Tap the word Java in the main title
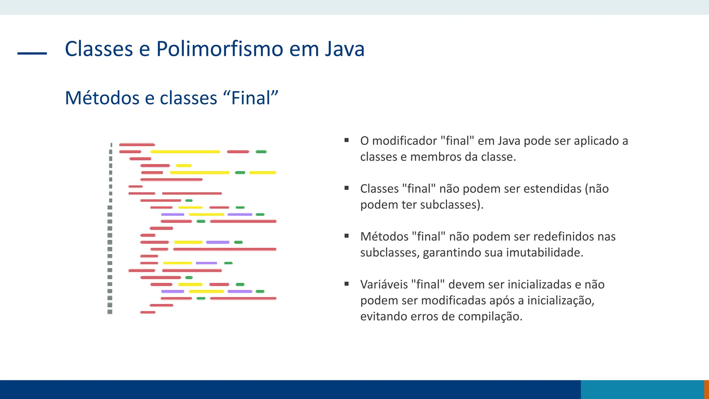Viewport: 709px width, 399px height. tap(344, 49)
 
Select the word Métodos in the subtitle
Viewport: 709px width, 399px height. tap(102, 98)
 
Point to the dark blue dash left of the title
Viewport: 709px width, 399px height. tap(32, 53)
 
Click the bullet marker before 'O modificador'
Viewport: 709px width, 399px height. tap(347, 140)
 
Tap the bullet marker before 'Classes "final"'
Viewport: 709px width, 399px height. tap(347, 188)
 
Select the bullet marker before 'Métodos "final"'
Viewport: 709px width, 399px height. tap(347, 236)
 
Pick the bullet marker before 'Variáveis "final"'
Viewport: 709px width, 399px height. tap(347, 284)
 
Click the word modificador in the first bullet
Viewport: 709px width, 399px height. tap(404, 141)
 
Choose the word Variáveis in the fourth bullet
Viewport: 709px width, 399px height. tap(384, 284)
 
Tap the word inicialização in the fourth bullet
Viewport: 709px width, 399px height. tap(560, 300)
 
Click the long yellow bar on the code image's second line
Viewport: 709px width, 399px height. tap(185, 152)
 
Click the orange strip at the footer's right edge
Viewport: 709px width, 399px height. tap(707, 389)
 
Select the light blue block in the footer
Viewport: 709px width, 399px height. tap(642, 389)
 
